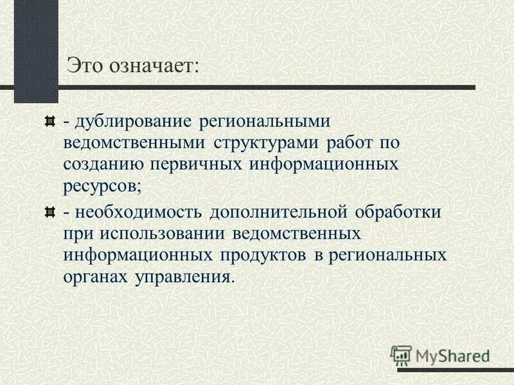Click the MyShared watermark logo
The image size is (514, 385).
click(x=440, y=354)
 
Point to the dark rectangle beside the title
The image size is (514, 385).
click(x=36, y=51)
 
